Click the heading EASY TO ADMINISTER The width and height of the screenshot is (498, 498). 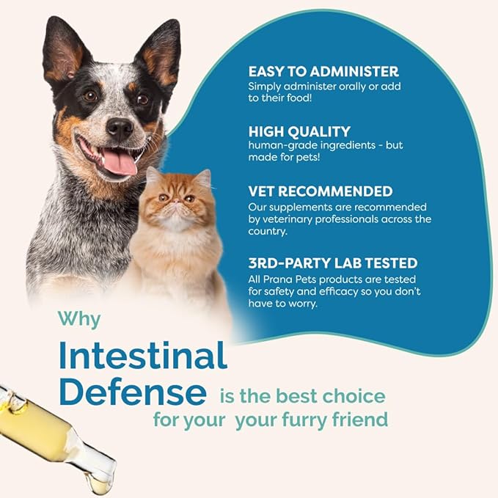323,72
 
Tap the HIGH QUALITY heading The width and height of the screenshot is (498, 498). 299,131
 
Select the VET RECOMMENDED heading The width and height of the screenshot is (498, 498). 320,191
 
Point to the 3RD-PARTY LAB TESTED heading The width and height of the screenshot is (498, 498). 332,263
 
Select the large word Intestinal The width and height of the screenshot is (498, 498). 143,357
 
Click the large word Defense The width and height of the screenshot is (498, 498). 133,392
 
